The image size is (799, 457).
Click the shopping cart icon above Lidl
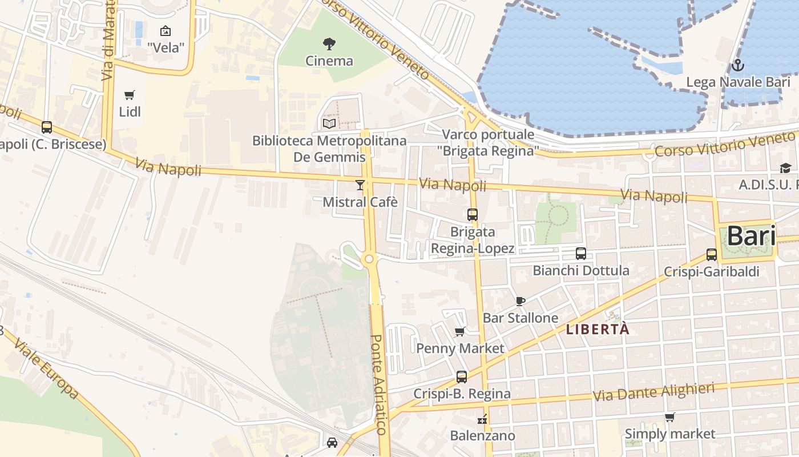[130, 95]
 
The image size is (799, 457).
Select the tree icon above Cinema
[329, 43]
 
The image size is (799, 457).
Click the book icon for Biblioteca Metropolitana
[329, 123]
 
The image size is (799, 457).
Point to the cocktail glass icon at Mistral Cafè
[360, 185]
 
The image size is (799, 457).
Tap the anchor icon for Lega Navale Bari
[737, 65]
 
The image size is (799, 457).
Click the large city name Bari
[751, 236]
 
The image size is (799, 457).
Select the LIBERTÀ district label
[598, 330]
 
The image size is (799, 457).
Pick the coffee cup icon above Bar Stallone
[520, 300]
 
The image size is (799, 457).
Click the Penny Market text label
[460, 348]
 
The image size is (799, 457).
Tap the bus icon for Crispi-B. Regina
[462, 377]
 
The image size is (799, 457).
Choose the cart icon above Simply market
[669, 418]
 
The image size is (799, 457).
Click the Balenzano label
[482, 436]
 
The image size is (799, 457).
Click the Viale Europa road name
[47, 368]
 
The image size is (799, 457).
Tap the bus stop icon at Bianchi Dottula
[581, 254]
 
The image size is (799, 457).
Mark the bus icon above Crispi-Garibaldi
[711, 255]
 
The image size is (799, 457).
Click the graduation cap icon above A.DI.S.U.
[786, 168]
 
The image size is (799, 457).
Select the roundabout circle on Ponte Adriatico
[369, 259]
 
